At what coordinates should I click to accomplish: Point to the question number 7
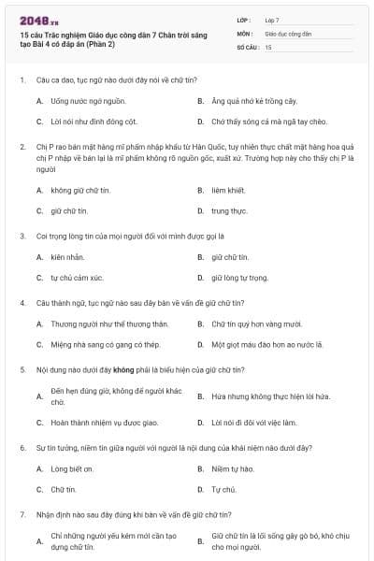tap(21, 515)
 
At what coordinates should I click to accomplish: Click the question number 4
tap(21, 303)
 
